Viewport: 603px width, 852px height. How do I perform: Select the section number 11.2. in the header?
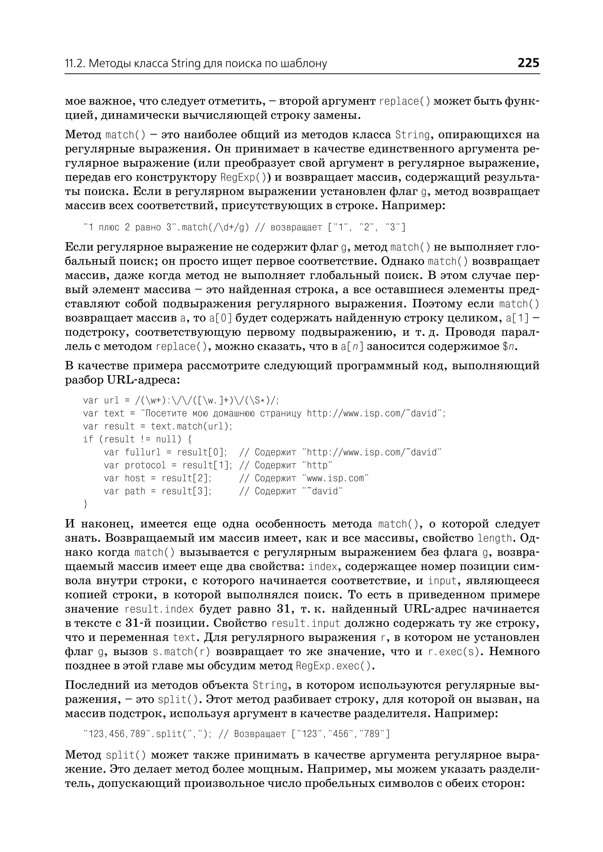pyautogui.click(x=75, y=64)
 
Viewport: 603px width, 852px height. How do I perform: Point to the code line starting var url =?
pyautogui.click(x=181, y=400)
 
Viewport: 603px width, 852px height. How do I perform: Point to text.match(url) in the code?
pyautogui.click(x=191, y=426)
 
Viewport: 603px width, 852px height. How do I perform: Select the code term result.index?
pyautogui.click(x=159, y=609)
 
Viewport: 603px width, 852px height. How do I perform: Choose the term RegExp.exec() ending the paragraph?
pyautogui.click(x=333, y=666)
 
